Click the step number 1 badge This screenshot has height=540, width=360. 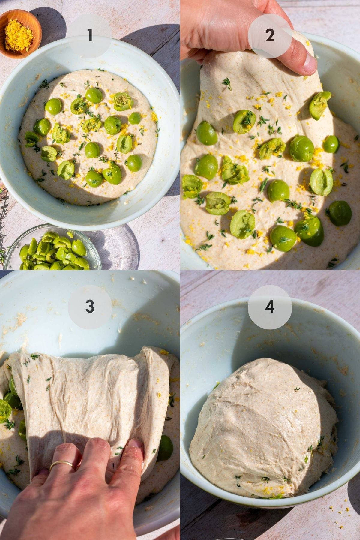tap(90, 36)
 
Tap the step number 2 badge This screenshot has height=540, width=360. tap(270, 36)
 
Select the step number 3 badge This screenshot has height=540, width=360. tap(90, 306)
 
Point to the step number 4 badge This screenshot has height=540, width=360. tap(270, 306)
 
